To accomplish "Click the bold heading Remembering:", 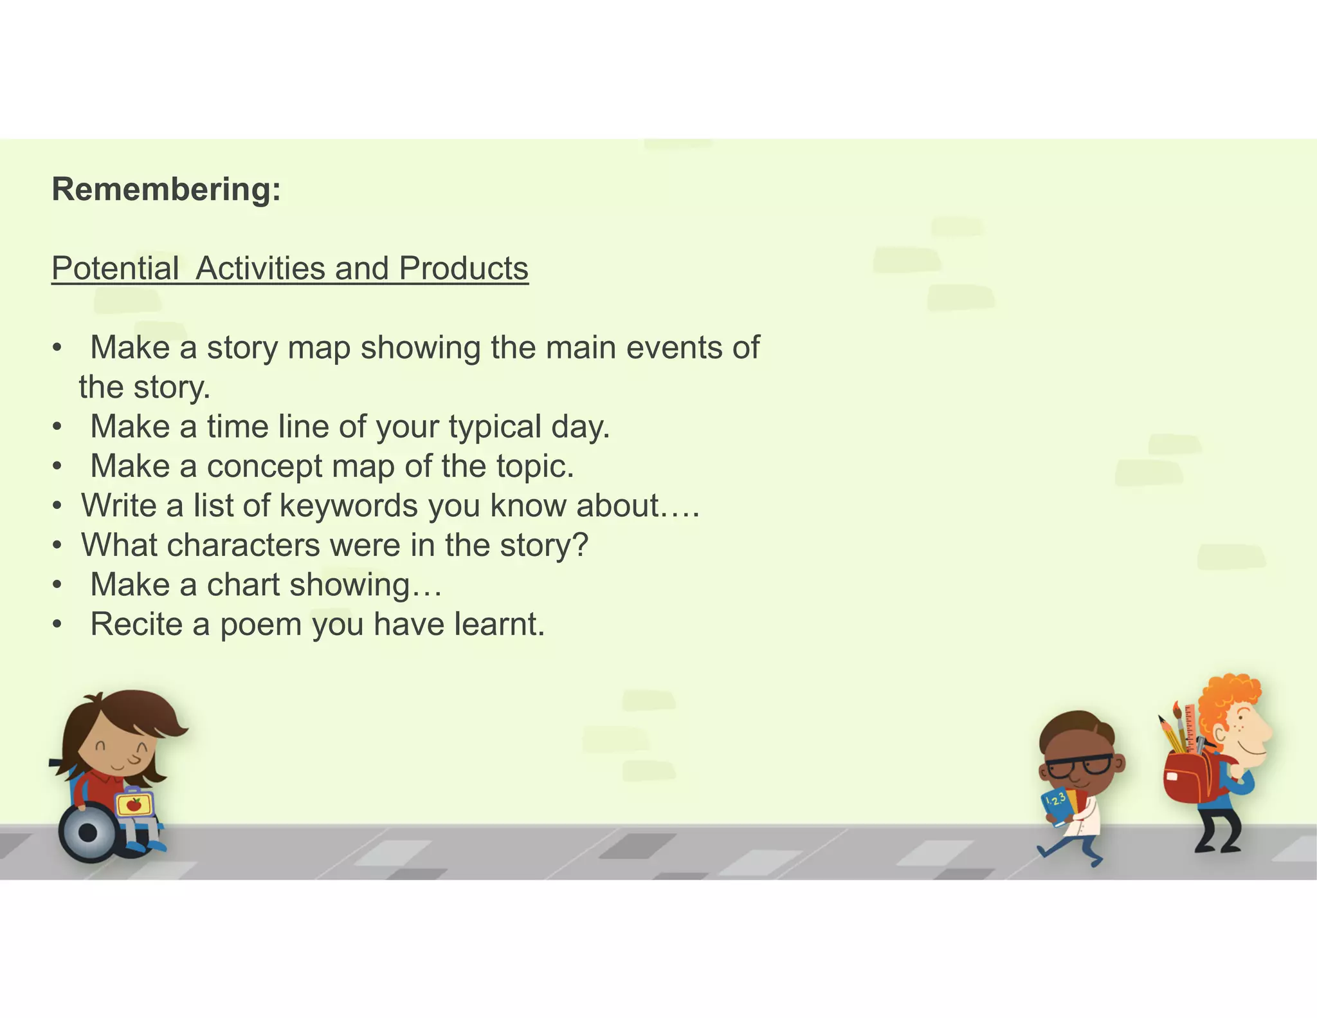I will click(166, 190).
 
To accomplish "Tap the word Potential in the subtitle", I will click(115, 268).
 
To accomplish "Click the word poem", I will click(260, 625).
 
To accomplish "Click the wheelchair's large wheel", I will click(88, 831).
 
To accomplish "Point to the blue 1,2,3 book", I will click(1057, 806).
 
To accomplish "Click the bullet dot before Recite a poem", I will click(58, 625).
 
